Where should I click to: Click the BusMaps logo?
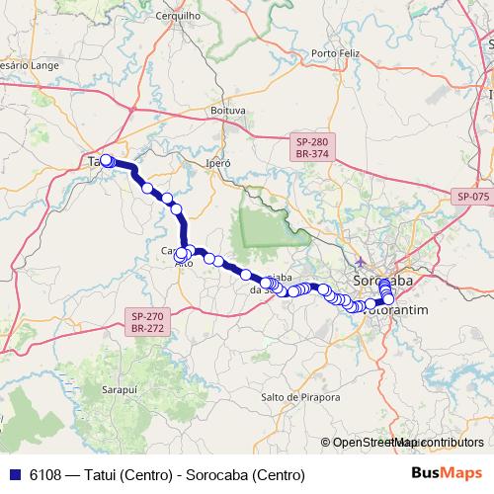pyautogui.click(x=453, y=475)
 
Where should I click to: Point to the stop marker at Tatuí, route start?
pyautogui.click(x=106, y=160)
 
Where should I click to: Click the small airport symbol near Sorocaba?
pyautogui.click(x=363, y=262)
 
